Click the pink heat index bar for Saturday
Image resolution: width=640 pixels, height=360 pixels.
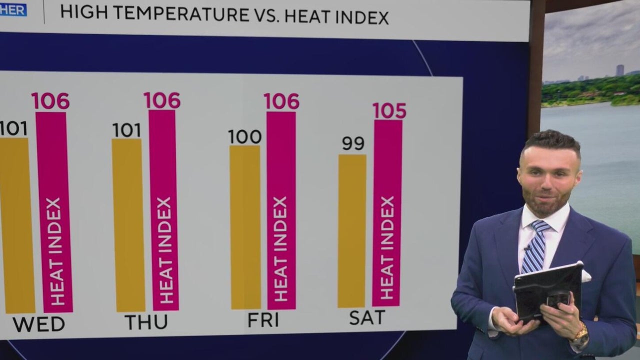coord(387,213)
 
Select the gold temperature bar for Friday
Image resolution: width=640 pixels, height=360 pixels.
coord(245,227)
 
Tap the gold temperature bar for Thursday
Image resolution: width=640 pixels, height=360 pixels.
coord(128,225)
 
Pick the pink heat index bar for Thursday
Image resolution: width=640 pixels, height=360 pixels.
coord(163,210)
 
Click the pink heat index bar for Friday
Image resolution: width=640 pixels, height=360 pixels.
coord(281,210)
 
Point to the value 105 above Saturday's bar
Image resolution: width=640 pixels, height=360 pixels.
coord(389,111)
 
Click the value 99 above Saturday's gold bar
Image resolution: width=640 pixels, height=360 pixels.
coord(353,143)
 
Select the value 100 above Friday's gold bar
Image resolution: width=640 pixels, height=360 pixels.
coord(245,136)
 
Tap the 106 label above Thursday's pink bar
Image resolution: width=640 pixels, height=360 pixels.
coord(162,100)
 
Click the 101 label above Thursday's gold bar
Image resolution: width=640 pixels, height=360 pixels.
coord(127,130)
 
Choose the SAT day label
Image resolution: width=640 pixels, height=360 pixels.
coord(367,317)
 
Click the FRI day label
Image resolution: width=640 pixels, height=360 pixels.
coord(263,319)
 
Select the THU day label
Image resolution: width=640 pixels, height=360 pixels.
coord(146,322)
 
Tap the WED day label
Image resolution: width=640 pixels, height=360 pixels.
coord(39,324)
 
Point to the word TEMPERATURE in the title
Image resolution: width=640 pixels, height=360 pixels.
coord(181,13)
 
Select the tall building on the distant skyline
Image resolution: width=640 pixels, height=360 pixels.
coord(620,70)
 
